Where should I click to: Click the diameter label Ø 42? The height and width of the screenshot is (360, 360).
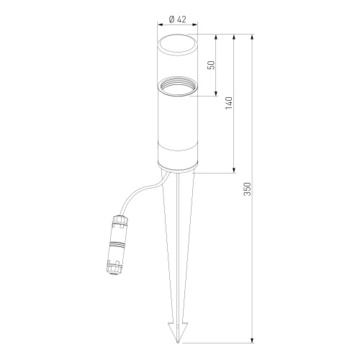177,19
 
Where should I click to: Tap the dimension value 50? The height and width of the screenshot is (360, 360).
212,65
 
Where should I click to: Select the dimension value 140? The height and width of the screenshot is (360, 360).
229,103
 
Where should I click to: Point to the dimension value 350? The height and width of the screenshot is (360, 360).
247,189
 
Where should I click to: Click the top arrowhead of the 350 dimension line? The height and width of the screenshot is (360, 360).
252,37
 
